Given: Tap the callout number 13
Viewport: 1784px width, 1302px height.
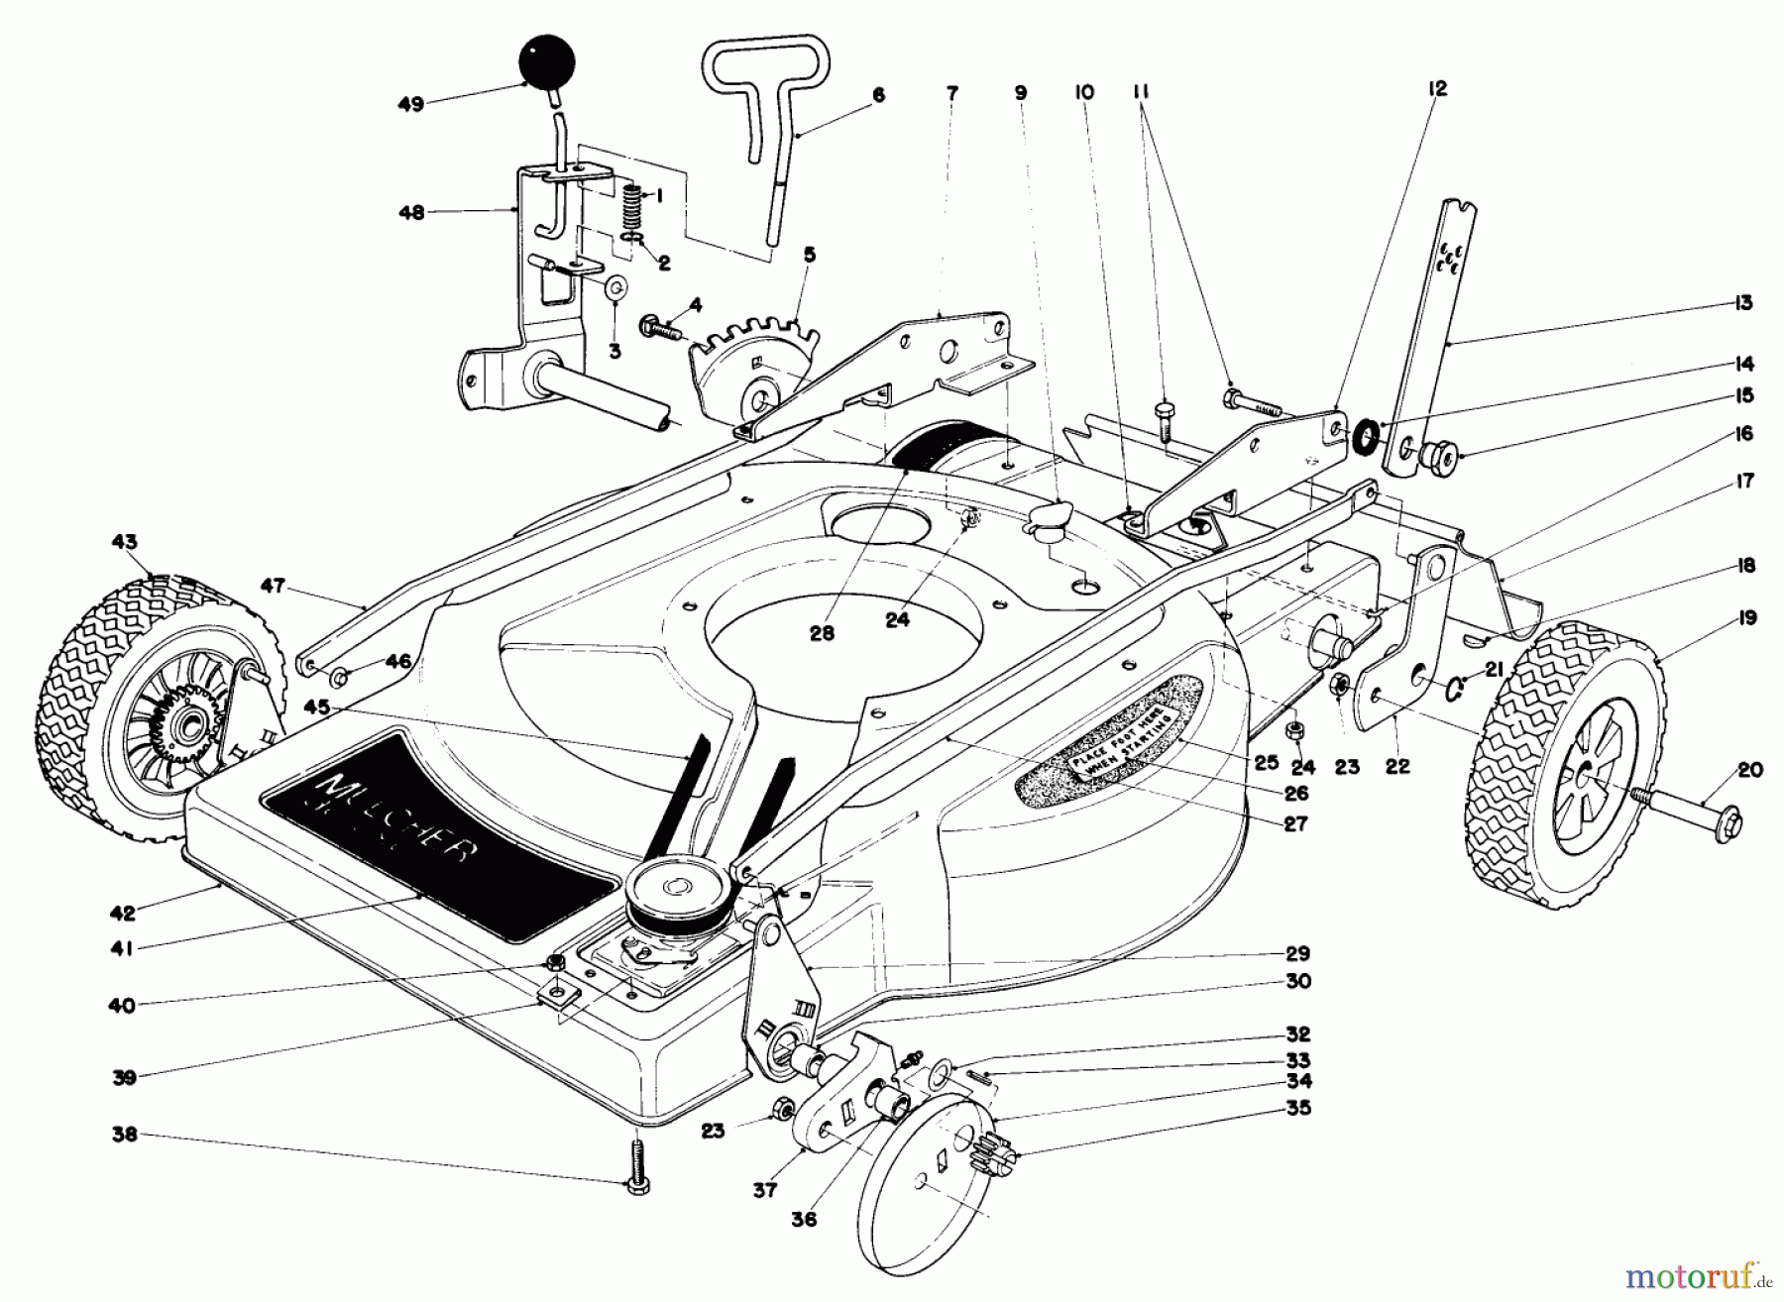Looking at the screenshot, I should click(x=1743, y=303).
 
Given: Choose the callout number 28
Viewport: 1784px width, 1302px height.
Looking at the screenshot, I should click(x=822, y=633).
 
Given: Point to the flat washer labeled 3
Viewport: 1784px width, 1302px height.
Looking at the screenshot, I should click(x=615, y=288).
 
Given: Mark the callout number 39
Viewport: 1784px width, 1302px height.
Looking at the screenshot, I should click(x=123, y=1077).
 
